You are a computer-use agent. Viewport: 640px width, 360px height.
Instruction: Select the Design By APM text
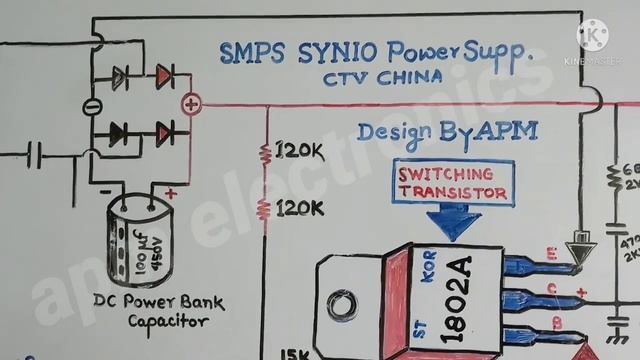pos(447,131)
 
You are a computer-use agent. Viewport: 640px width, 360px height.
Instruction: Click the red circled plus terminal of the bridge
pos(191,103)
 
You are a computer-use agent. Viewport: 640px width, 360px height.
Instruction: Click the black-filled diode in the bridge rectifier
pos(120,131)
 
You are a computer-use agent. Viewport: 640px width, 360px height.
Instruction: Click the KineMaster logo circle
pos(597,39)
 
